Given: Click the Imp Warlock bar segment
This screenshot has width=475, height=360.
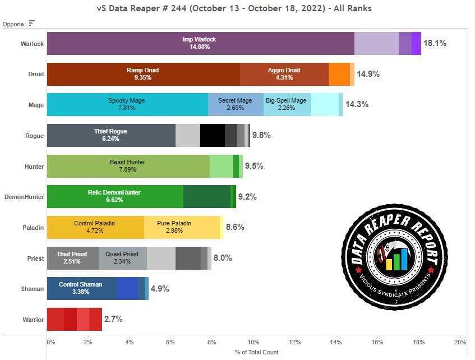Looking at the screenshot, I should pos(200,43).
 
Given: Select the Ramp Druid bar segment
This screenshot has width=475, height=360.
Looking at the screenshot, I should pos(143,74).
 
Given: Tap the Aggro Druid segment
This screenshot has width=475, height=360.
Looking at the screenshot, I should pos(284,74).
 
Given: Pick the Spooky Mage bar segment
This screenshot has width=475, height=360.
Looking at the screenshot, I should pos(127,104).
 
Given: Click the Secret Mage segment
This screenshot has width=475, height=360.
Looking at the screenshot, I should pos(236,104).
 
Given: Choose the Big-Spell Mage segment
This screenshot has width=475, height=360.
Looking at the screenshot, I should pos(287,104).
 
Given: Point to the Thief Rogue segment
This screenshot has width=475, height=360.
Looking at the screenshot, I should pos(111,135).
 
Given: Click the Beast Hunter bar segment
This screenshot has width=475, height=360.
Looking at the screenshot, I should pos(128,166).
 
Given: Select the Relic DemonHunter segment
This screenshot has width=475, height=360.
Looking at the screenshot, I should pos(114,196).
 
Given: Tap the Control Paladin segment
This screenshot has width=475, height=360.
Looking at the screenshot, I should pos(95,227).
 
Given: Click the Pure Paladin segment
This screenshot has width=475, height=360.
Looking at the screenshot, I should pos(182,227).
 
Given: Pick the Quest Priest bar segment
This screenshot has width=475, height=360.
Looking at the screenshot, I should pos(123,258).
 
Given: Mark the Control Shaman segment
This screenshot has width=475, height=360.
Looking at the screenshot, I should pos(81,288).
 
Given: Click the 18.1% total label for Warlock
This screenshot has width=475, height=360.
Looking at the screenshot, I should pos(435,43).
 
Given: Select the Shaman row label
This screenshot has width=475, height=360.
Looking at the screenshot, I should pos(33,289).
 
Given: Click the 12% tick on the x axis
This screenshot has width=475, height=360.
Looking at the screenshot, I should pos(294,342).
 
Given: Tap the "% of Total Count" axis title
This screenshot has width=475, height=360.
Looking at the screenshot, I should pos(256,352).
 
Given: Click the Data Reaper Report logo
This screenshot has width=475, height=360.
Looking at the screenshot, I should pos(394,258).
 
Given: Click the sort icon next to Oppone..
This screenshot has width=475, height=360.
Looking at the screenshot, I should pos(32,23).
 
